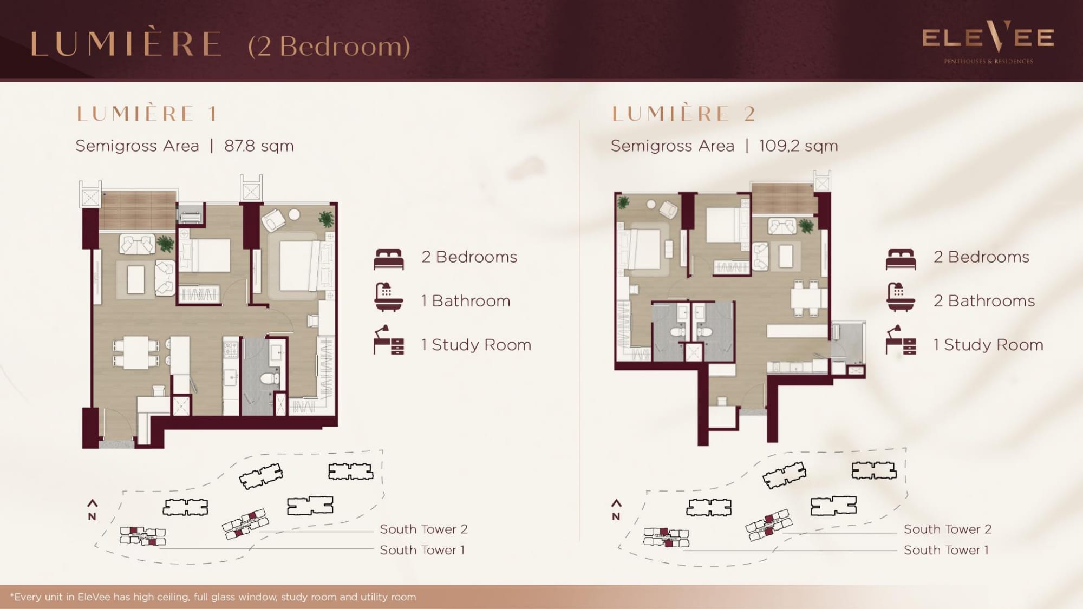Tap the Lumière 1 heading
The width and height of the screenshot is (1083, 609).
tap(147, 114)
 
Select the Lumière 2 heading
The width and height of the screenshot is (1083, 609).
tap(683, 114)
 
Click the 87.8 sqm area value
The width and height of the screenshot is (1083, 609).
tap(259, 146)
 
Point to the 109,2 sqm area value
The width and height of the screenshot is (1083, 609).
tap(798, 146)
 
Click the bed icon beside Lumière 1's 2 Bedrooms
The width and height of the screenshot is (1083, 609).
tap(389, 259)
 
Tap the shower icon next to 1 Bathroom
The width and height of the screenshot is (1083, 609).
tap(389, 297)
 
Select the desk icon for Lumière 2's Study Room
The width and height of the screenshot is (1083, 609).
tap(901, 340)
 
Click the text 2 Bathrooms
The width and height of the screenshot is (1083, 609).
tap(984, 301)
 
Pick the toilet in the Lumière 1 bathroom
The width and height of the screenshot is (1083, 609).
tap(268, 377)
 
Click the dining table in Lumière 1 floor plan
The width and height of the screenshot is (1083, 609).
tap(136, 352)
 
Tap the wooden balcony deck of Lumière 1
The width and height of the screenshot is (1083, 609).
tap(138, 210)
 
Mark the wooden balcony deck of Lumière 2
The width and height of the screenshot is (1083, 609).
tap(783, 199)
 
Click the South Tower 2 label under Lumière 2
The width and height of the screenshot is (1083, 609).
tap(948, 529)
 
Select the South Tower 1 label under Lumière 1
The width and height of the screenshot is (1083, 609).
tap(422, 550)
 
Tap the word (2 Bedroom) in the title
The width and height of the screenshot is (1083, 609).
tap(329, 47)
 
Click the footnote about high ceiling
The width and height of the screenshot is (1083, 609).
tap(213, 597)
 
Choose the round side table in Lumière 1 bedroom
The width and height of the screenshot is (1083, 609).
tap(295, 215)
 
